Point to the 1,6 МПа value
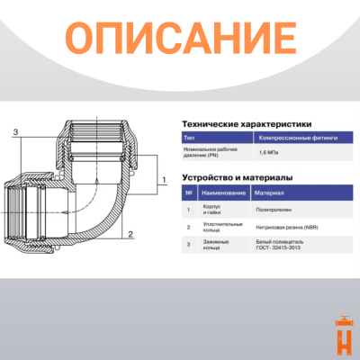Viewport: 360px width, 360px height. [270, 154]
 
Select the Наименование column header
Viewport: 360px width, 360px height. [225, 193]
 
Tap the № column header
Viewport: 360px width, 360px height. [188, 193]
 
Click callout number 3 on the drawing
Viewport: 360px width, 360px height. [14, 132]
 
